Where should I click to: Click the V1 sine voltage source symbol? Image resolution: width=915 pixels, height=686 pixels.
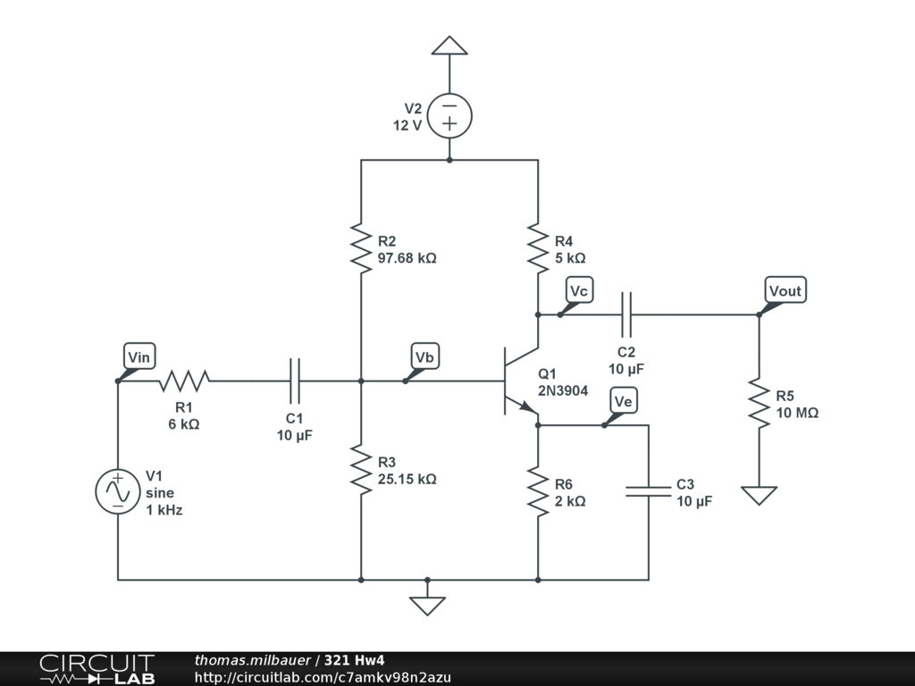pos(118,492)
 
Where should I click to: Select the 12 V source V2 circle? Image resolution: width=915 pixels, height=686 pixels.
pos(449,115)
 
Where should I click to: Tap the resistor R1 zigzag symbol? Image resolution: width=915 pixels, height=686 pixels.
pos(184,381)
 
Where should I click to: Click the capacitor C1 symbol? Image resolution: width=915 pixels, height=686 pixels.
pos(295,381)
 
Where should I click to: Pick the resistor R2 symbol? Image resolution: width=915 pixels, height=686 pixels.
pos(361,248)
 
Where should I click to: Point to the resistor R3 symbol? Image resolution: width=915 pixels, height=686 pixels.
pos(361,470)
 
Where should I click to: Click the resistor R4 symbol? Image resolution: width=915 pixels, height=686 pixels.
pos(538,248)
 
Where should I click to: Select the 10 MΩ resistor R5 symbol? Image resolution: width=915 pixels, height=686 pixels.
pos(760,403)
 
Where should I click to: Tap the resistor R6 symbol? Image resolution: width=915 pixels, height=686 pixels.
pos(538,492)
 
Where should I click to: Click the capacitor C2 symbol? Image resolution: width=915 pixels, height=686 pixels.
pos(626,314)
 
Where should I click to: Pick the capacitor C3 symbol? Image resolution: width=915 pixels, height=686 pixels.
pos(649,491)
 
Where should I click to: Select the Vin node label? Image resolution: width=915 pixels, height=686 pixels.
pos(139,356)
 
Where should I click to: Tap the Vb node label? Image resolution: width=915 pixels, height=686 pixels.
pos(424,356)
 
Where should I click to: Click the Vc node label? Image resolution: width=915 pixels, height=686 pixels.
pos(579,290)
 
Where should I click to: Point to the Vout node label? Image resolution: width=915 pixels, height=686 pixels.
pos(785,290)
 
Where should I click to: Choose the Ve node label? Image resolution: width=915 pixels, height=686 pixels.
pos(623,401)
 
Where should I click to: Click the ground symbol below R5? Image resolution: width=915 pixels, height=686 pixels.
pos(760,495)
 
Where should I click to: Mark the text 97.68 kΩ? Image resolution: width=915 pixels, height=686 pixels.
pos(407,258)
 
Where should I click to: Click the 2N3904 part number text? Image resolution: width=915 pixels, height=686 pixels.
pos(563,390)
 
